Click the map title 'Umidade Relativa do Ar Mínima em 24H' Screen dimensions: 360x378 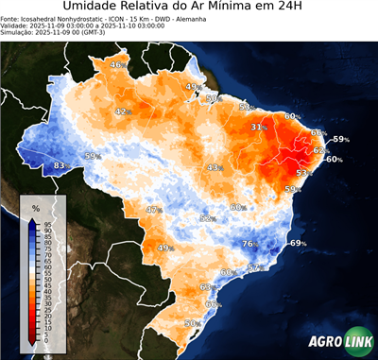189,9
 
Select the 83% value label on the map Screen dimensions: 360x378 60,165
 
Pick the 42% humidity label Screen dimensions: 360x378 122,111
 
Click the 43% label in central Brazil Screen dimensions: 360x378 214,167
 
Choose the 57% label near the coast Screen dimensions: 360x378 253,268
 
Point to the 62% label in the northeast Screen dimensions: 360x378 319,150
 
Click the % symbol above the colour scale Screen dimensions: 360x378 35,207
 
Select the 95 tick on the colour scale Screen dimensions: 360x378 46,223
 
